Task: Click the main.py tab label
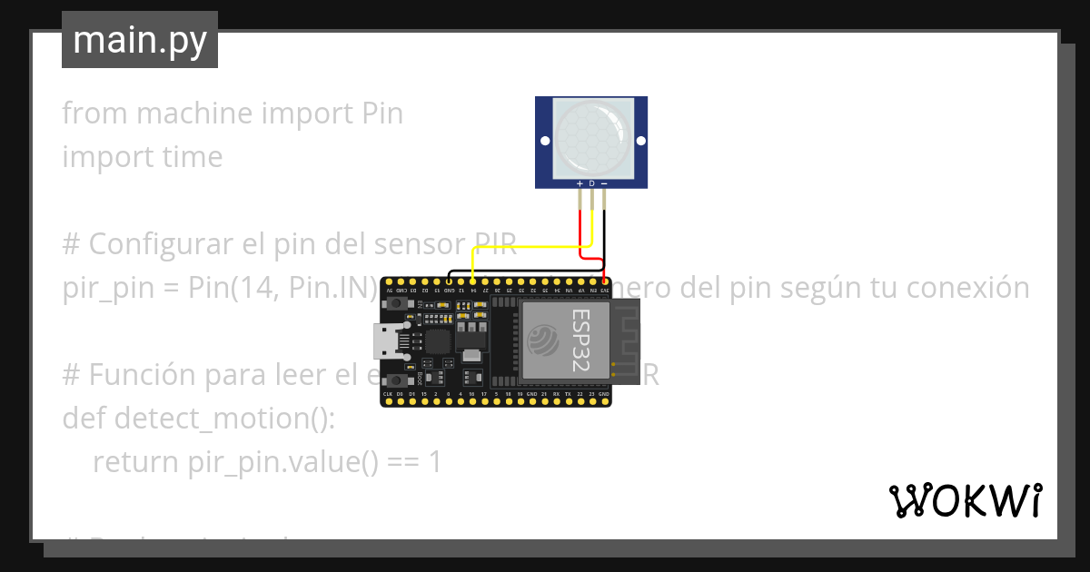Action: tap(139, 40)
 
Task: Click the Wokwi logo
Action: tap(965, 500)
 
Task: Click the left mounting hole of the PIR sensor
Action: tap(545, 141)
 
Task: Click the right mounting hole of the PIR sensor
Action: tap(639, 141)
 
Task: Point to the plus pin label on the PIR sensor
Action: tap(580, 183)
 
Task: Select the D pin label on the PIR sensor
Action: tap(592, 183)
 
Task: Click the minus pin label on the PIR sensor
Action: tap(604, 183)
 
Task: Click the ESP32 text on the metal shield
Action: tap(579, 339)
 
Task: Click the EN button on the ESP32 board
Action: tap(396, 302)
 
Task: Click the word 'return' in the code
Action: tap(137, 462)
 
